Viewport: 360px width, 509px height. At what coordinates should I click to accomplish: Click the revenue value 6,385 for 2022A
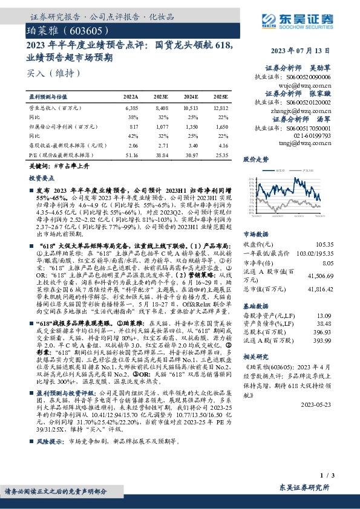131,106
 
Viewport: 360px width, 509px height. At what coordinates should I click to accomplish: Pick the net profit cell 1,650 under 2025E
221,127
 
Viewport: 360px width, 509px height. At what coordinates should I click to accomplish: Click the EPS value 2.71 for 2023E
163,146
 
